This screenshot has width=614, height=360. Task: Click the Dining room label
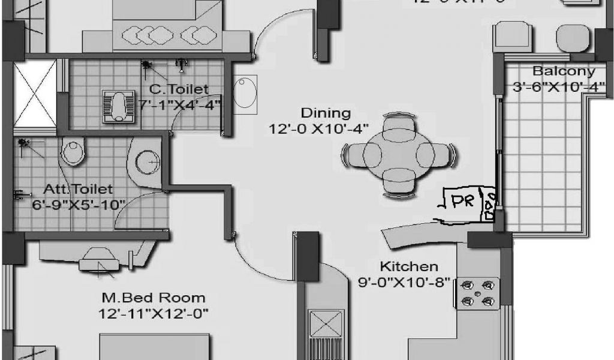pyautogui.click(x=325, y=113)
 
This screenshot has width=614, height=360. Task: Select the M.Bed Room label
pyautogui.click(x=153, y=298)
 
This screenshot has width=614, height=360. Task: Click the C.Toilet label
pyautogui.click(x=179, y=89)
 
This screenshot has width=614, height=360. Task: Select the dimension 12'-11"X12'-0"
pyautogui.click(x=153, y=313)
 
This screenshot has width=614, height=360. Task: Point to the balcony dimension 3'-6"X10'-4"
pyautogui.click(x=558, y=87)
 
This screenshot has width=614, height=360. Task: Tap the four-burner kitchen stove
pyautogui.click(x=478, y=293)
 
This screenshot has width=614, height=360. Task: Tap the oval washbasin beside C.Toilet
pyautogui.click(x=245, y=93)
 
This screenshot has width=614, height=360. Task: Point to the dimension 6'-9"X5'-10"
pyautogui.click(x=79, y=204)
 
